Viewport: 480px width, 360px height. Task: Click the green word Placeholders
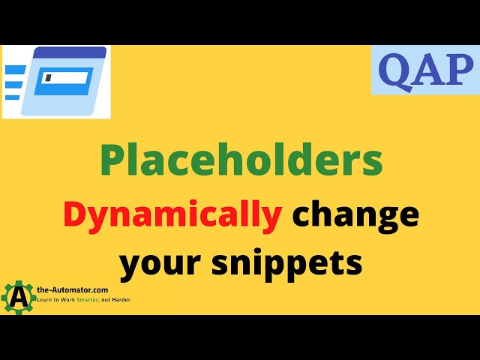click(x=241, y=160)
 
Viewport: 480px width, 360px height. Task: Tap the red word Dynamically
click(x=172, y=214)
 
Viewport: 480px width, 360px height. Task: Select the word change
click(x=355, y=214)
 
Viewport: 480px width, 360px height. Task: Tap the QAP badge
click(x=424, y=70)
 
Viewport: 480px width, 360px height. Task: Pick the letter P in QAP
click(x=457, y=70)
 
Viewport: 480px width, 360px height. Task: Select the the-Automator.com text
click(x=72, y=289)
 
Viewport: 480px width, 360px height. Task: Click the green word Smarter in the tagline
click(x=106, y=298)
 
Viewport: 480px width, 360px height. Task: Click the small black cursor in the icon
click(x=48, y=77)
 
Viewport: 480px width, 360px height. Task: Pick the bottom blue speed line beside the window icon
click(x=13, y=96)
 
